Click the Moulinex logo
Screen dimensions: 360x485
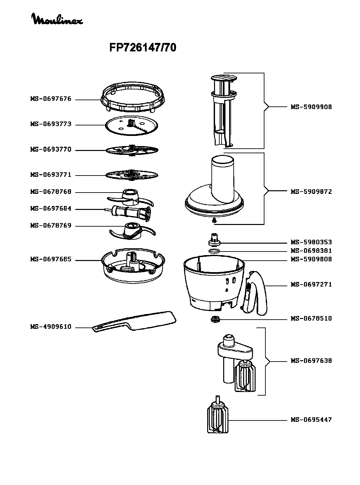(57, 19)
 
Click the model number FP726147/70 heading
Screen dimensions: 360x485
(143, 47)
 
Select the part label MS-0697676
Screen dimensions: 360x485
(51, 99)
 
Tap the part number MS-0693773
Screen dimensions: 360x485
(51, 124)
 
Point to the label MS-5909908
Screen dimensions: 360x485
(311, 107)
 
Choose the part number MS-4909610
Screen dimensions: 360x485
(51, 327)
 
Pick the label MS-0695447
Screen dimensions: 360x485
(311, 420)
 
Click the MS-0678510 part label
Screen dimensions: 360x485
(311, 318)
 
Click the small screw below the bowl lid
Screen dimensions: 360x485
(214, 221)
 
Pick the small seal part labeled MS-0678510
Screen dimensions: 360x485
(215, 320)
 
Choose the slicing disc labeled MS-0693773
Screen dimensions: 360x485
(132, 126)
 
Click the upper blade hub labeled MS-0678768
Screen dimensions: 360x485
(130, 197)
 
